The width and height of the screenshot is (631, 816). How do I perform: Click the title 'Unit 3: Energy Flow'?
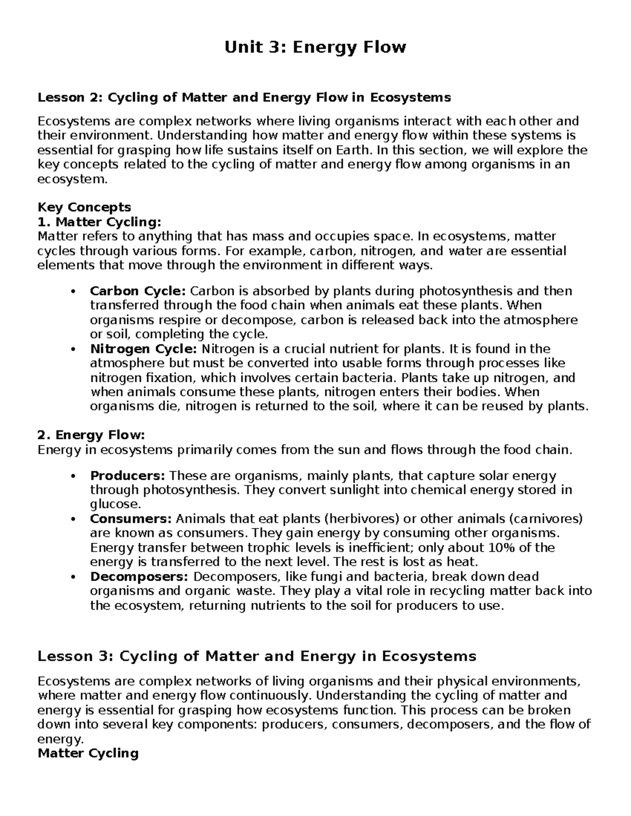[x=315, y=47]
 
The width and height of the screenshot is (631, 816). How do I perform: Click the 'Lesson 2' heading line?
[x=244, y=97]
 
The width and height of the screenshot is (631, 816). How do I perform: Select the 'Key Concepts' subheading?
[x=84, y=207]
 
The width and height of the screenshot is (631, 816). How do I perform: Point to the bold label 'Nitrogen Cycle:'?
[x=144, y=349]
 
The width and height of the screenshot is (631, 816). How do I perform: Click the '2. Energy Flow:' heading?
[x=90, y=435]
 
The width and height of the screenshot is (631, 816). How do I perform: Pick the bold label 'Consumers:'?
[x=131, y=519]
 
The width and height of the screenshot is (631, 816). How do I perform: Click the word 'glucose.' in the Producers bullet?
[x=116, y=505]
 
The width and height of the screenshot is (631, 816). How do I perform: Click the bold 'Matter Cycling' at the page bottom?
[x=88, y=753]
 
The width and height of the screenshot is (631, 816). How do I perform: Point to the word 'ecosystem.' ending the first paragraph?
[x=72, y=180]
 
